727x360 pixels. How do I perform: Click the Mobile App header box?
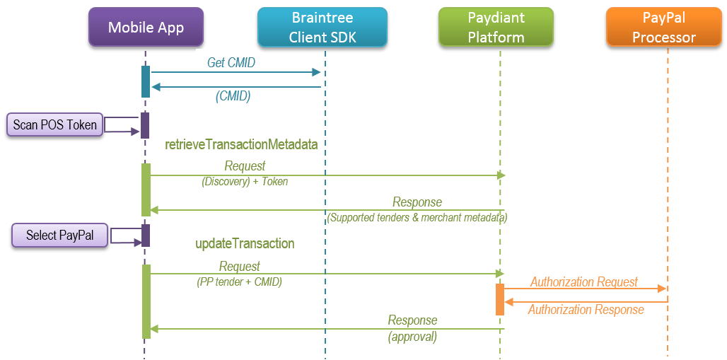pyautogui.click(x=146, y=28)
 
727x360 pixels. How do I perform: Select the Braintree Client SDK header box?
pyautogui.click(x=322, y=28)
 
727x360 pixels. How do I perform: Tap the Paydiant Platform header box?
pyautogui.click(x=496, y=28)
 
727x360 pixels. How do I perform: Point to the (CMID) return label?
pyautogui.click(x=233, y=96)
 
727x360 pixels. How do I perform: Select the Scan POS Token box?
pyautogui.click(x=54, y=125)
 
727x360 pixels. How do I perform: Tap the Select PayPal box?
pyautogui.click(x=59, y=235)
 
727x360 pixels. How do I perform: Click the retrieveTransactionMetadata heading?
pyautogui.click(x=241, y=144)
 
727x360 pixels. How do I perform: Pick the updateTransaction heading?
pyautogui.click(x=245, y=243)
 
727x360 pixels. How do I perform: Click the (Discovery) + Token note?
pyautogui.click(x=245, y=181)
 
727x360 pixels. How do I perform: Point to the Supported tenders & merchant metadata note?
pyautogui.click(x=417, y=218)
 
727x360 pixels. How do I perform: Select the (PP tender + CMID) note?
pyautogui.click(x=239, y=282)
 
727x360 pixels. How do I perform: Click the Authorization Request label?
pyautogui.click(x=584, y=281)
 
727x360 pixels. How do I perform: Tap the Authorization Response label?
pyautogui.click(x=586, y=310)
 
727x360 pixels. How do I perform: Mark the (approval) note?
pyautogui.click(x=412, y=337)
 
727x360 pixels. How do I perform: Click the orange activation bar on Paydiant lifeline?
pyautogui.click(x=499, y=299)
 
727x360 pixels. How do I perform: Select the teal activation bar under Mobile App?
pyautogui.click(x=146, y=81)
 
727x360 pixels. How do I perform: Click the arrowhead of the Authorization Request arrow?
pyautogui.click(x=663, y=289)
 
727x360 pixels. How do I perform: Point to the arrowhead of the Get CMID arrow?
pyautogui.click(x=318, y=72)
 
